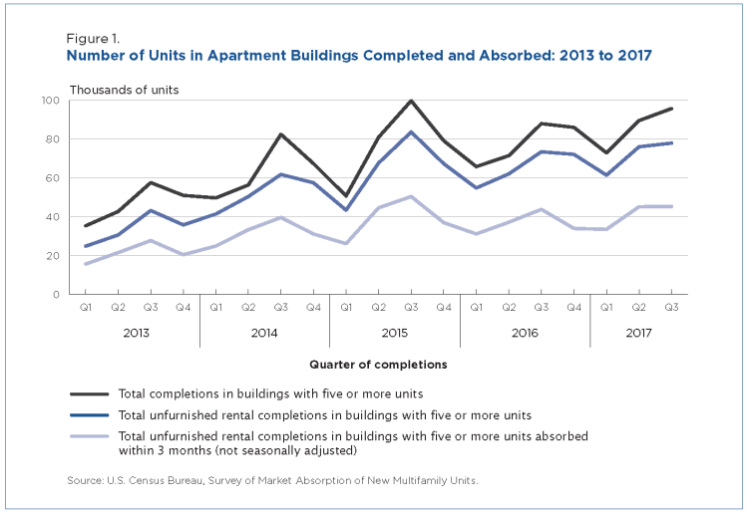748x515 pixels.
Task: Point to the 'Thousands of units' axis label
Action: (124, 91)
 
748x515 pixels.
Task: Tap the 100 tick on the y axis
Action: (50, 101)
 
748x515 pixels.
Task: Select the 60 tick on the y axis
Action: (53, 178)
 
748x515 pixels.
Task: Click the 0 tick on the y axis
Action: (56, 295)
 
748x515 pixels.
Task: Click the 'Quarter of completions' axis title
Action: (378, 365)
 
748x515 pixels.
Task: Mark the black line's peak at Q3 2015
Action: (410, 101)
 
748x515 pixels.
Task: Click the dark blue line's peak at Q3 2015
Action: (410, 132)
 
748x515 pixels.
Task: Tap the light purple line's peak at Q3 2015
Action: (410, 196)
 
